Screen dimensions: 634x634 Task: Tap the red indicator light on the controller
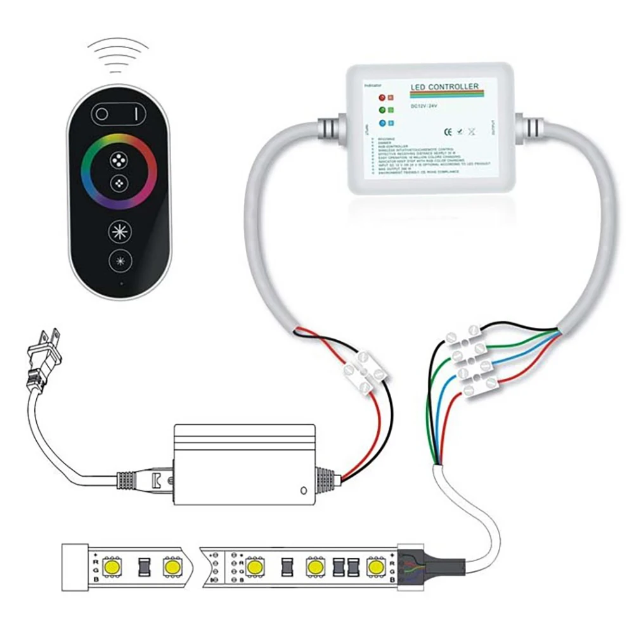[x=382, y=98]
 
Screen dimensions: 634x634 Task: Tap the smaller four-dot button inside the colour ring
[x=119, y=184]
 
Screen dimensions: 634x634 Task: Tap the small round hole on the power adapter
[x=304, y=490]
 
